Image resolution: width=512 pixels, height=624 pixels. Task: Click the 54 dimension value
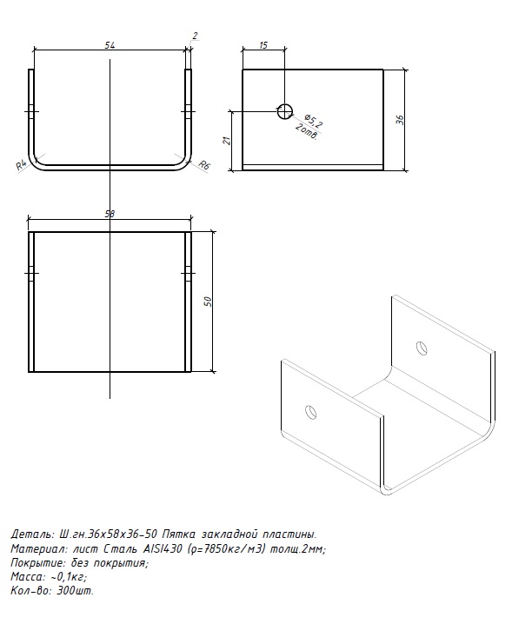(110, 45)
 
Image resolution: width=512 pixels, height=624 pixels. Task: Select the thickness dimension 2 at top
(195, 36)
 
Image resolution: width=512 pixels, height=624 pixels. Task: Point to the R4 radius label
(22, 165)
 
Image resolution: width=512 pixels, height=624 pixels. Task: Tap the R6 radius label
(203, 165)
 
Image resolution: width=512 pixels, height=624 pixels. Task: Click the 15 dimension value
(263, 45)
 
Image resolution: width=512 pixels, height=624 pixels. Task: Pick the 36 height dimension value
(400, 120)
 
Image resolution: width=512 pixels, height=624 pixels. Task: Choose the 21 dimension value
(227, 140)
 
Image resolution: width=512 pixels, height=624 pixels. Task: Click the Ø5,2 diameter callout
(313, 121)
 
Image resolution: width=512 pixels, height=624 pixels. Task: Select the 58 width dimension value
(110, 214)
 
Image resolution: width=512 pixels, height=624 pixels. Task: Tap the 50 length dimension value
(208, 302)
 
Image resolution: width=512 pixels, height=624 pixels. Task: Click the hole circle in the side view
(284, 111)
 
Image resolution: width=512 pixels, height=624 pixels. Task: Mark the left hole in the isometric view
(310, 412)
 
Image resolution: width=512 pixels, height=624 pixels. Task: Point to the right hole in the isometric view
(422, 348)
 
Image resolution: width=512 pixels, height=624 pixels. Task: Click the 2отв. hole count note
(307, 132)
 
